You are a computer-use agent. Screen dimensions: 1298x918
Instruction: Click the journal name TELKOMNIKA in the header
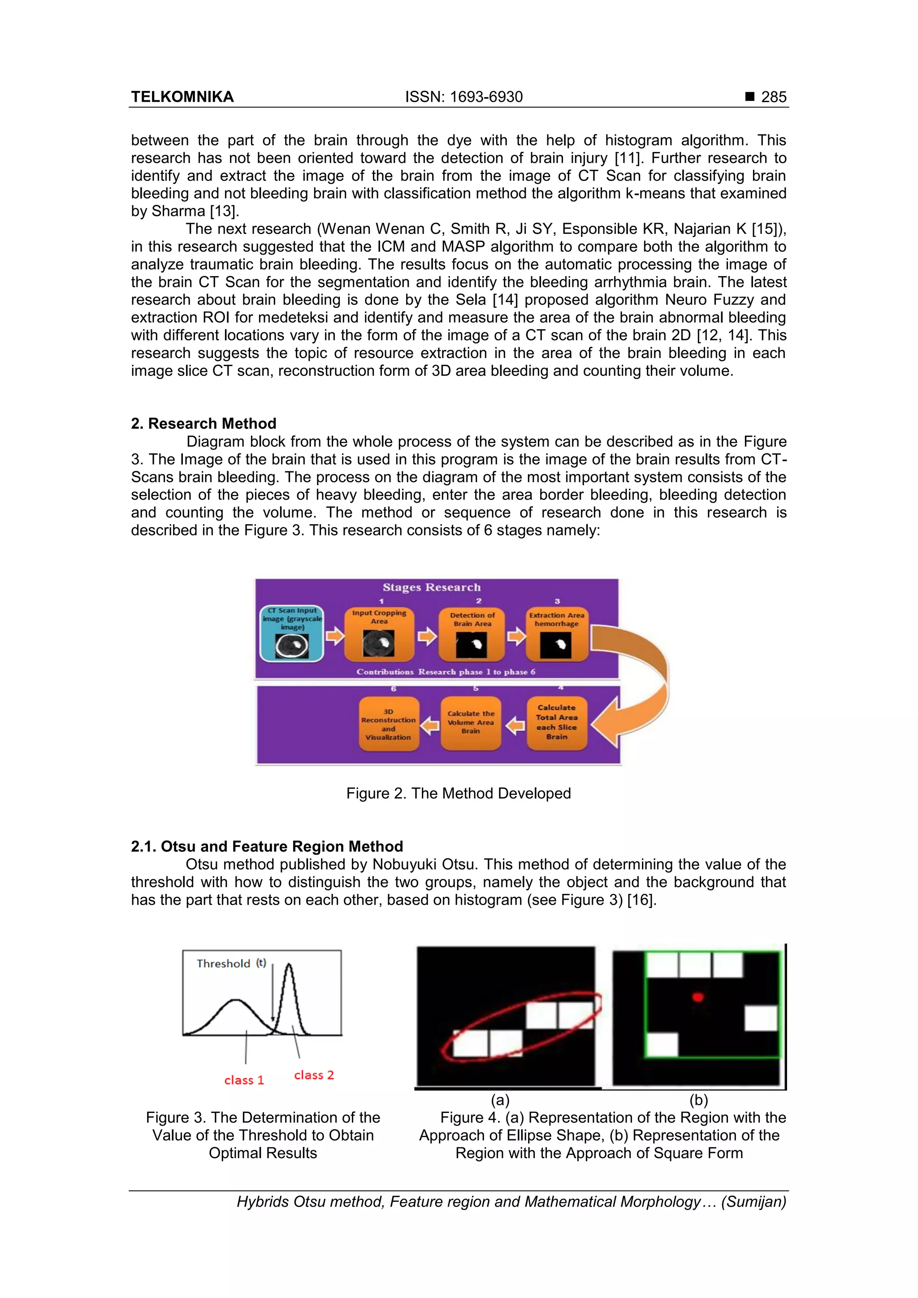(182, 97)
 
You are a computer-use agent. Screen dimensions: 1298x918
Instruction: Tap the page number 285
(773, 97)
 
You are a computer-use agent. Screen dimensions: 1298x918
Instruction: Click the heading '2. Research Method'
(204, 423)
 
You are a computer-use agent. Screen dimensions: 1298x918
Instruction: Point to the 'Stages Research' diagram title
(432, 587)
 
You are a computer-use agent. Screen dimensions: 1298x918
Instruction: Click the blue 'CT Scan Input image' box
(292, 633)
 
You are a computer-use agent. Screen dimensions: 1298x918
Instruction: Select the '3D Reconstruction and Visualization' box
(389, 724)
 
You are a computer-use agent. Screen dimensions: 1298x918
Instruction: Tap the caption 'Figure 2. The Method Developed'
(459, 793)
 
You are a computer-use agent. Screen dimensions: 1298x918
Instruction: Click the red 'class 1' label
(244, 1080)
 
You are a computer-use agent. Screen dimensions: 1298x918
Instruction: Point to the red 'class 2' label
(314, 1075)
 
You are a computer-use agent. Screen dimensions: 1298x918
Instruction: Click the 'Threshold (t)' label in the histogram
(231, 963)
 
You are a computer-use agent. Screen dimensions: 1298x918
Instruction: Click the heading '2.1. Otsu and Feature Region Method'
(267, 846)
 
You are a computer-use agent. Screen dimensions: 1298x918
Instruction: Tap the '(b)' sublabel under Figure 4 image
(698, 1100)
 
